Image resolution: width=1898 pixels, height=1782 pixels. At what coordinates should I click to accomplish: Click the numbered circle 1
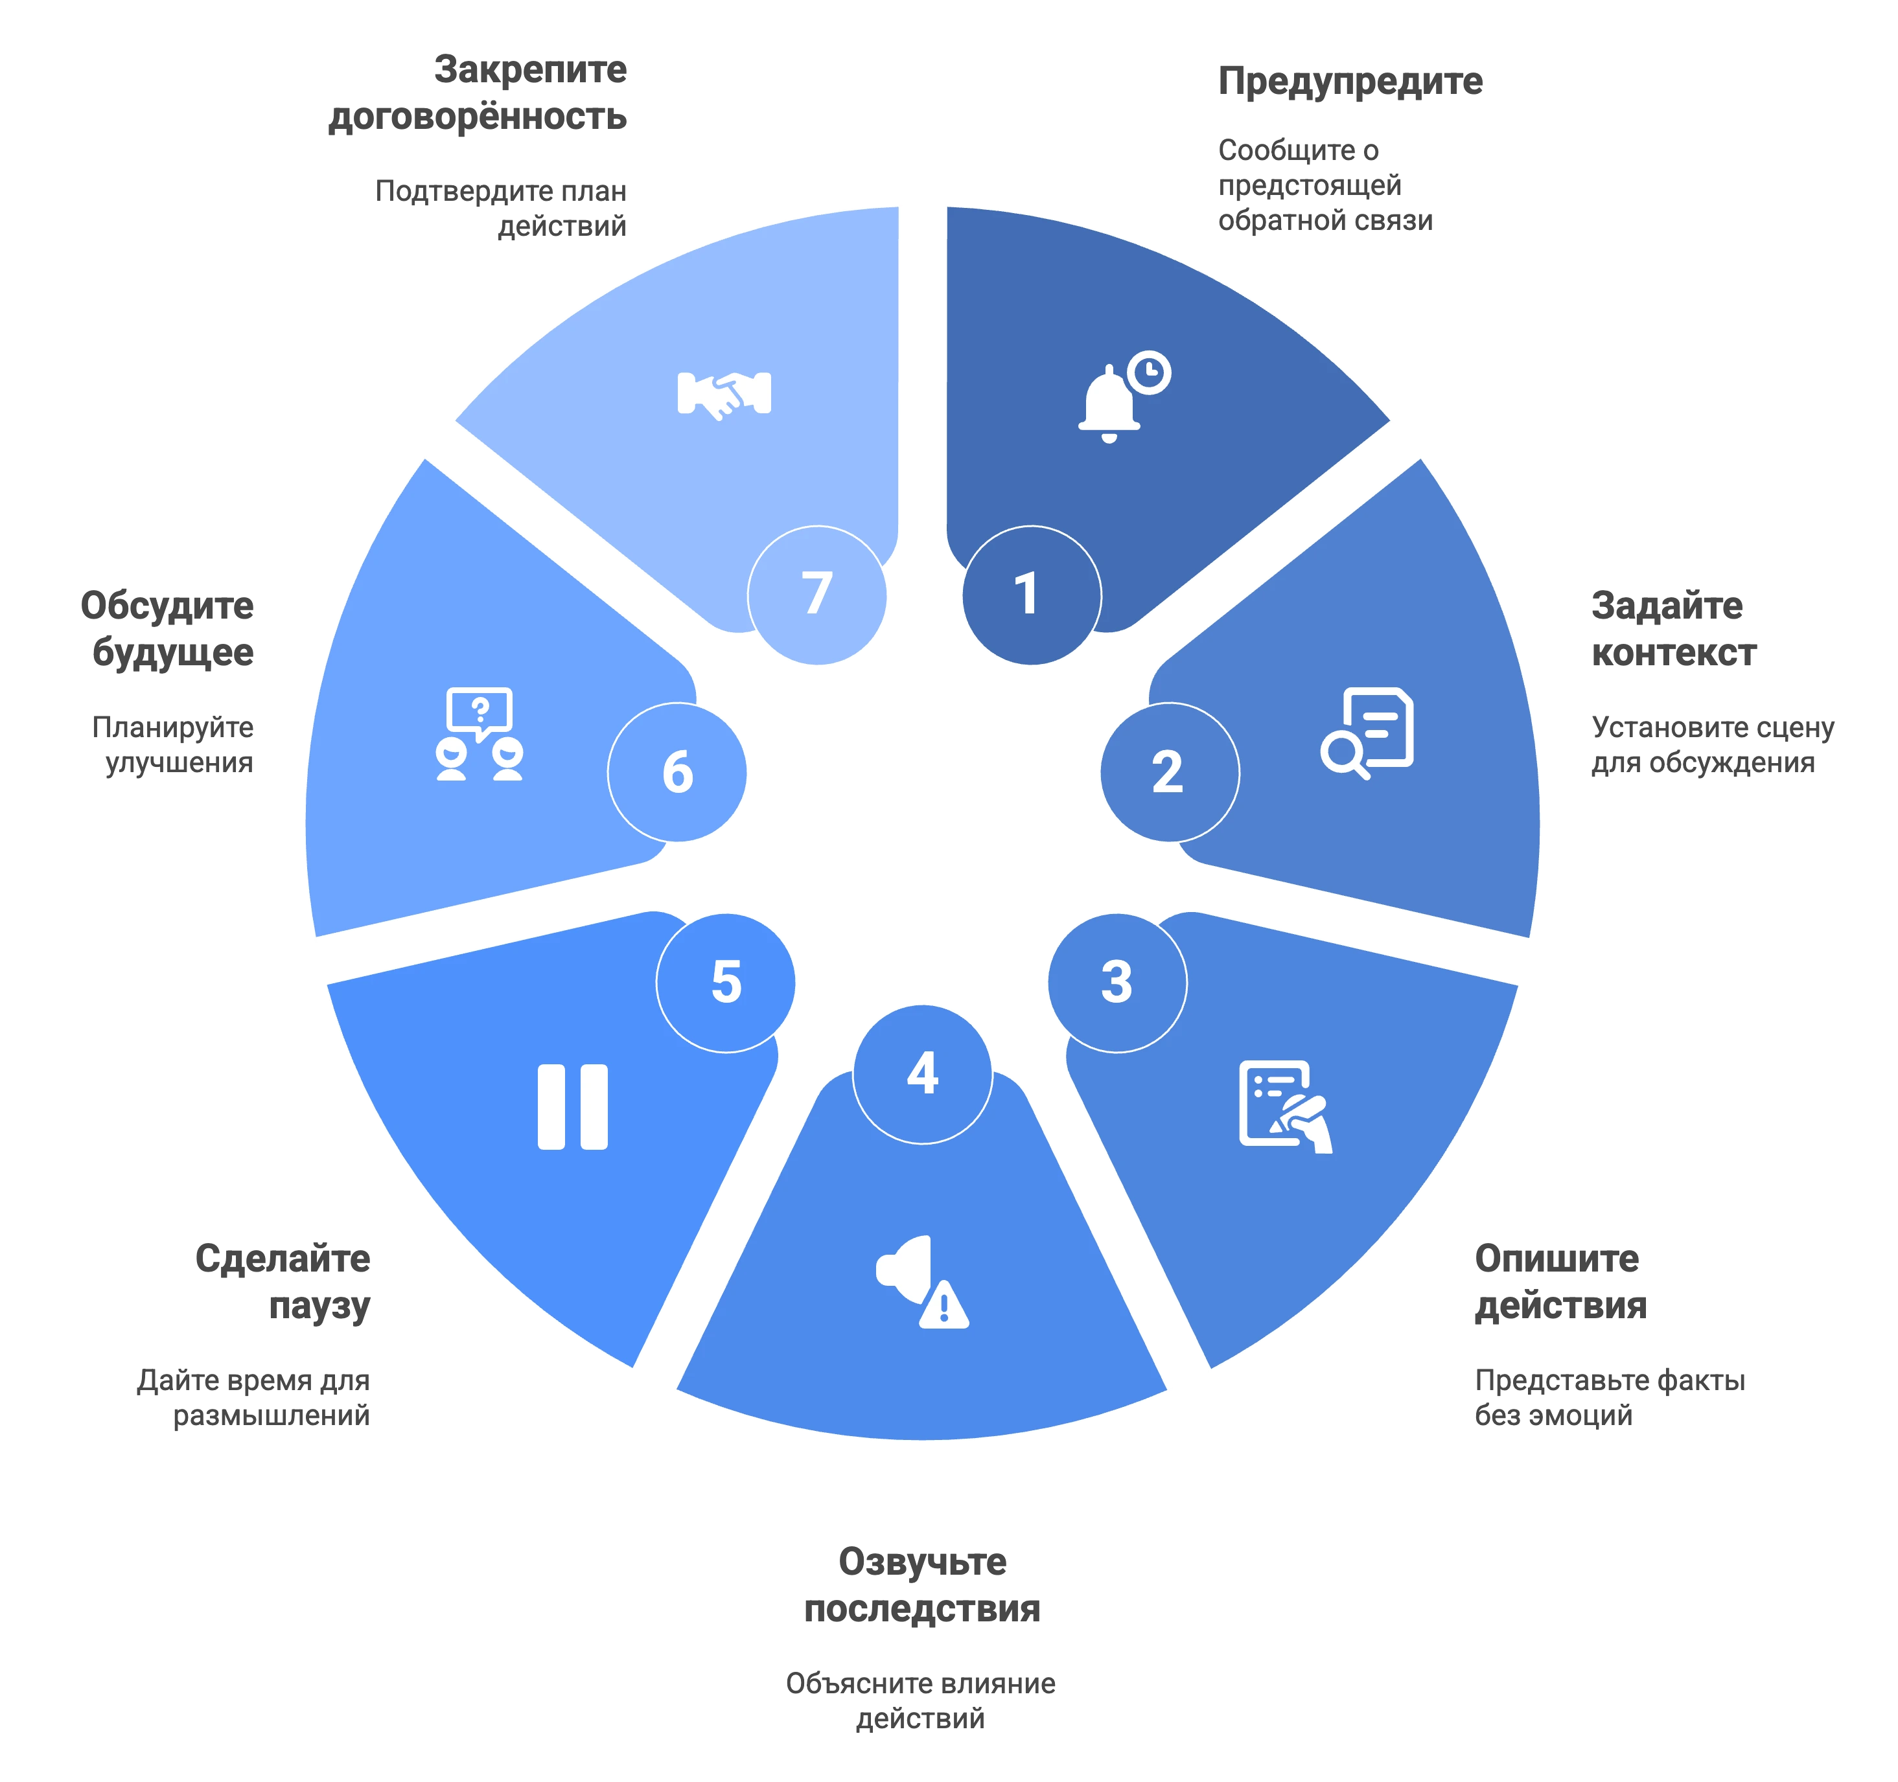click(x=1031, y=595)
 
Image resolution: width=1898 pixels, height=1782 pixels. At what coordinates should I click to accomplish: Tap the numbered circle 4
click(x=922, y=1074)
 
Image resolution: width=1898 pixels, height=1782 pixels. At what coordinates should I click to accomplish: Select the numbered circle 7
click(x=817, y=595)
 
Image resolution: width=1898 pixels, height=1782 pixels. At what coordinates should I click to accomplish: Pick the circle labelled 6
click(x=677, y=772)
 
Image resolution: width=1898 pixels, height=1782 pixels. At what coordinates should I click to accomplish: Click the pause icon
click(x=573, y=1106)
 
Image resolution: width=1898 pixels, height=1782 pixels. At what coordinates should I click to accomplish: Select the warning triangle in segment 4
click(x=944, y=1304)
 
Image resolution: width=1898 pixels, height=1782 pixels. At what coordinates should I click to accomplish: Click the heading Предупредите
click(x=1350, y=82)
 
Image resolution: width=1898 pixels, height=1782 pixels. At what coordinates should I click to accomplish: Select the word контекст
click(x=1674, y=653)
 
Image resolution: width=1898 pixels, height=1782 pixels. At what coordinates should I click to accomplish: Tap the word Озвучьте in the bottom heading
click(x=922, y=1562)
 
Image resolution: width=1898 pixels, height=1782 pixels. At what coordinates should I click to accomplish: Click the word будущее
click(x=173, y=654)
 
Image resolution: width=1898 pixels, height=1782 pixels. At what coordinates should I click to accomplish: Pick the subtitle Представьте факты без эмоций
click(x=1610, y=1397)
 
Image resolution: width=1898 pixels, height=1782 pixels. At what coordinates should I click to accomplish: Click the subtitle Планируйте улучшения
click(x=173, y=744)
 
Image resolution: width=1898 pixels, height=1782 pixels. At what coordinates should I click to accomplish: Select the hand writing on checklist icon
click(x=1285, y=1106)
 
